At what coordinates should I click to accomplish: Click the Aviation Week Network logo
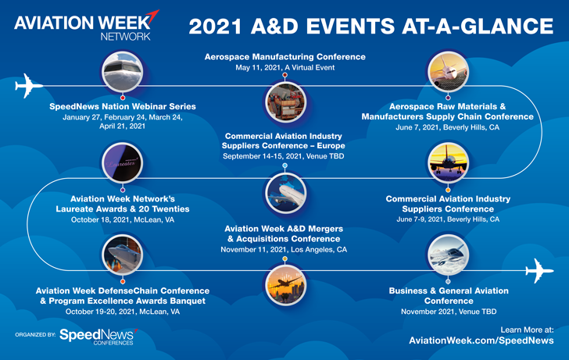(86, 25)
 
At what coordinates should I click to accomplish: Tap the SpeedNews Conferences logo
(98, 337)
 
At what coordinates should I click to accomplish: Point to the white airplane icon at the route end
(539, 270)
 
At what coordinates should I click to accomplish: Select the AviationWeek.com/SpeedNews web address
(481, 340)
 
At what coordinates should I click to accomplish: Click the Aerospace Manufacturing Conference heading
(284, 56)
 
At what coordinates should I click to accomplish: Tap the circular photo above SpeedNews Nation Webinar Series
(122, 71)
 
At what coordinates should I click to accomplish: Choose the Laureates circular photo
(122, 163)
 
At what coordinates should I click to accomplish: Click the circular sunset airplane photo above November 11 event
(285, 286)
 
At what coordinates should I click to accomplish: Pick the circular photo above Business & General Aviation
(448, 255)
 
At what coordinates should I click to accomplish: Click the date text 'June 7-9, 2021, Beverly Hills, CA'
(448, 219)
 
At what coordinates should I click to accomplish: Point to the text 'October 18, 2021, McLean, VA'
(123, 219)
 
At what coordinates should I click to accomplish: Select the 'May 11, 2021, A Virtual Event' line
(284, 67)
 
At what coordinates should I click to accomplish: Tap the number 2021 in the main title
(215, 27)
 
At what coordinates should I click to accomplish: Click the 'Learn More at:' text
(527, 330)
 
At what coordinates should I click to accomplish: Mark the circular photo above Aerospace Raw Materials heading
(448, 71)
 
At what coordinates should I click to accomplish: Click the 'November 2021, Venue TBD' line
(449, 312)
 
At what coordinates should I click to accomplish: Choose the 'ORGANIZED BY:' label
(35, 335)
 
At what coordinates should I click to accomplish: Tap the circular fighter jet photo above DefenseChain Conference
(122, 255)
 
